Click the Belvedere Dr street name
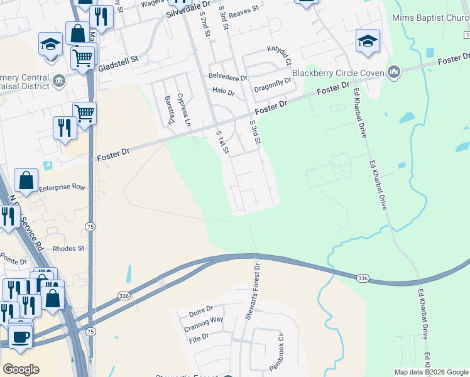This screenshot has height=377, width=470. click(x=228, y=77)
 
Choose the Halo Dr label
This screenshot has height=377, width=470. click(x=223, y=92)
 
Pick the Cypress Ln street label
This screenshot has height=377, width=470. click(x=183, y=110)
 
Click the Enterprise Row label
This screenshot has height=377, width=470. click(x=62, y=187)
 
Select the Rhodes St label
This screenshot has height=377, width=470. click(x=68, y=248)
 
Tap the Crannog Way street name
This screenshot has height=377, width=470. click(x=204, y=319)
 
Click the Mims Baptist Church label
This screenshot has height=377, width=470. click(x=430, y=18)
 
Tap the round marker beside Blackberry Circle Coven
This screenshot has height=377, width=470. click(x=394, y=72)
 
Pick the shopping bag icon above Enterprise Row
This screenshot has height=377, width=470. click(x=27, y=181)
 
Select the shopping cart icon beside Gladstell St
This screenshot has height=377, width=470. click(x=82, y=58)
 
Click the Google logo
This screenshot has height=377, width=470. click(x=21, y=369)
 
